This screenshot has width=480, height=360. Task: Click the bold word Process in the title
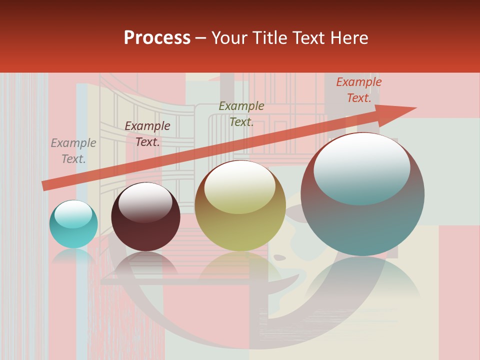157,38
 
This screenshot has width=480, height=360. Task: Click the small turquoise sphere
73,224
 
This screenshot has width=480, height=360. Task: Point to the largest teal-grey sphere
362,200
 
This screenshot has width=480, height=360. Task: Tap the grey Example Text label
73,151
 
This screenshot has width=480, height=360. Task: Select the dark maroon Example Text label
147,134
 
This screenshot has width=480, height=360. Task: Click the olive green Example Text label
241,114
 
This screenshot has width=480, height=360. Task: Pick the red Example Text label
358,90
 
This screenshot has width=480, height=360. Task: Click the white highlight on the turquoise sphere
73,214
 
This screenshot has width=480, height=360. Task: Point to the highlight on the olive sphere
240,188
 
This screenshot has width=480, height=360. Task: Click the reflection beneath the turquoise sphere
73,257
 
